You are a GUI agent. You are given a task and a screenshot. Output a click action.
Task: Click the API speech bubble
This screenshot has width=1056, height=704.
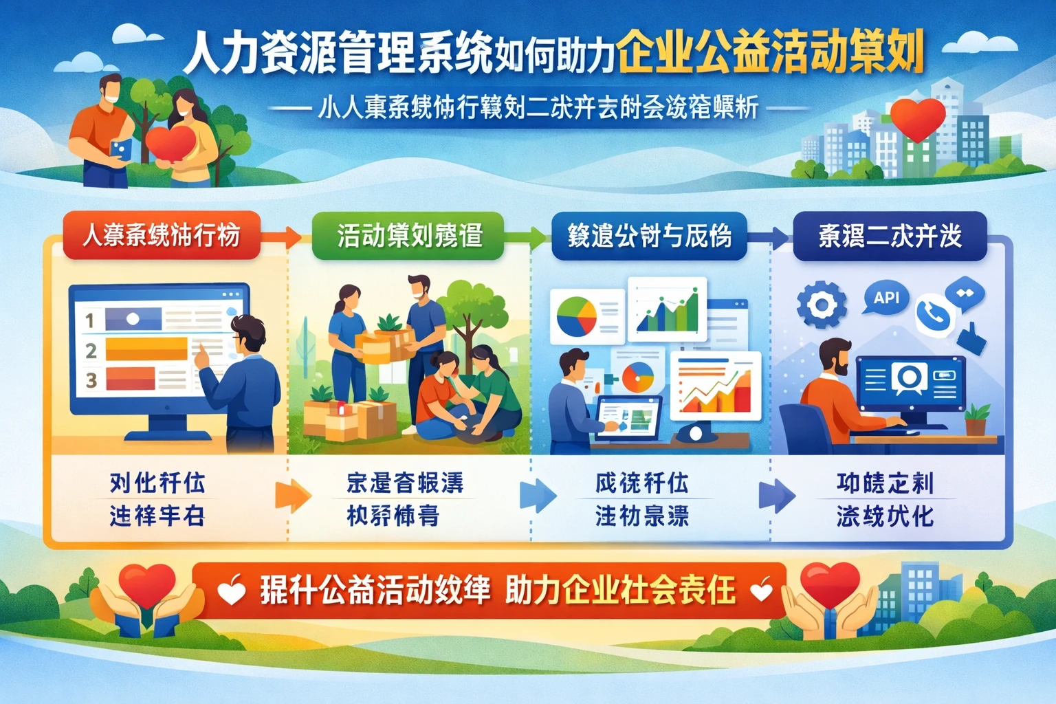tap(886, 298)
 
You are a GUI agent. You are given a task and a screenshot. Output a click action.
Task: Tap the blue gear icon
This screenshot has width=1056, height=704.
tap(821, 305)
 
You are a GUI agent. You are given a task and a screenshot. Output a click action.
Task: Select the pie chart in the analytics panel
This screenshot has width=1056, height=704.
tap(576, 316)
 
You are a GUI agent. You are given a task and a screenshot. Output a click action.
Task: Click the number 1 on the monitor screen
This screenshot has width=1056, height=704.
tap(90, 320)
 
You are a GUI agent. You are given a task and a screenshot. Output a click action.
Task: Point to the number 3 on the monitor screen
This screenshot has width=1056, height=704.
tap(91, 380)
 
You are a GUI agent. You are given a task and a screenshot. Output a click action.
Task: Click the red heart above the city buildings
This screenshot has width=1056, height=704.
tap(917, 118)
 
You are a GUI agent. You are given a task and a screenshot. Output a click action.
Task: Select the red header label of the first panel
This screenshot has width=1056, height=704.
tap(162, 236)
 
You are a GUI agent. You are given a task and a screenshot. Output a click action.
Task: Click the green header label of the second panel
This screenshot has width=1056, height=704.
tap(408, 236)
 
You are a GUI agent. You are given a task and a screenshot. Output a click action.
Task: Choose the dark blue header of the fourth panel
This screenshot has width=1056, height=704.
tap(890, 236)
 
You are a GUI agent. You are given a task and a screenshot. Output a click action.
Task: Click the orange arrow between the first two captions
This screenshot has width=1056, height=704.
tap(293, 496)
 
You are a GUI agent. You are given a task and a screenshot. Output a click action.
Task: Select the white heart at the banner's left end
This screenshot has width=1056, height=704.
tap(231, 590)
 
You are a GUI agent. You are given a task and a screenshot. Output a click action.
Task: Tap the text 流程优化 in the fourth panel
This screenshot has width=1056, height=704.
tap(885, 516)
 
